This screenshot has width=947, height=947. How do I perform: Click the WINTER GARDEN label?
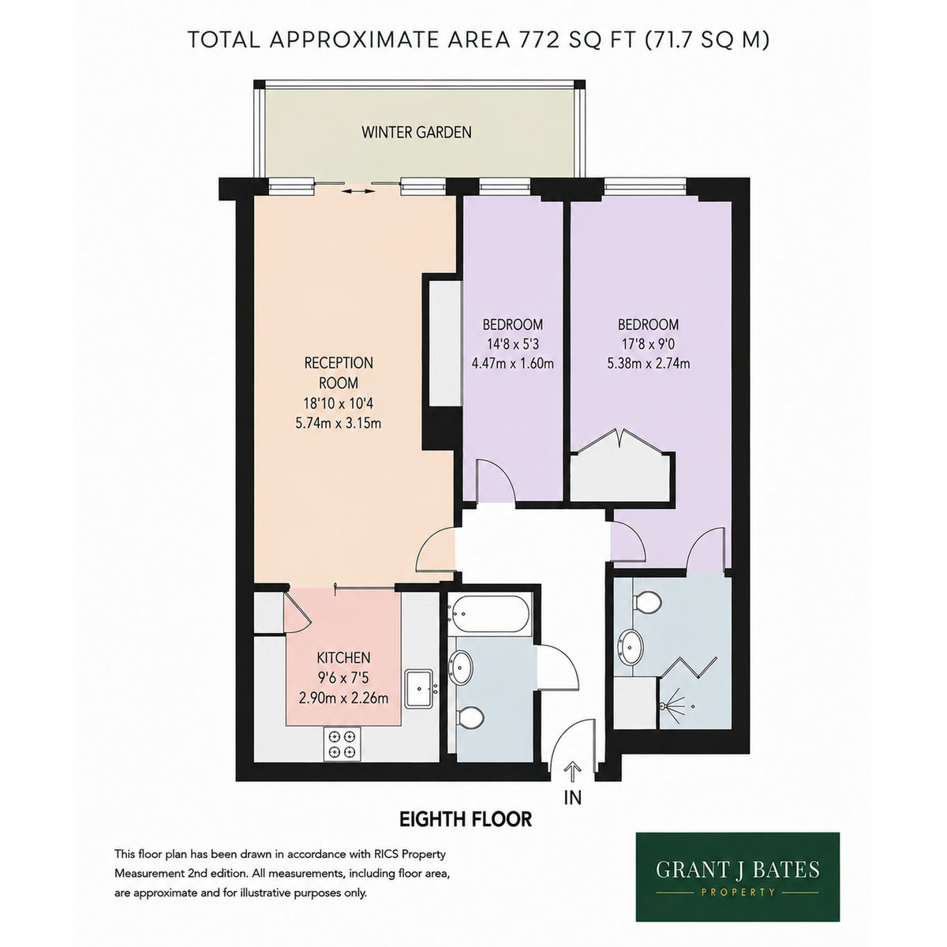pyautogui.click(x=416, y=133)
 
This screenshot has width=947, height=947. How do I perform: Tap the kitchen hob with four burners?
pyautogui.click(x=342, y=743)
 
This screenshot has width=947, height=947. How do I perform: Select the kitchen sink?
pyautogui.click(x=419, y=688)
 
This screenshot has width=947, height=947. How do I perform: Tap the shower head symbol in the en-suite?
pyautogui.click(x=669, y=706)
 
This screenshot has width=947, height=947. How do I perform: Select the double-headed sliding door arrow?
pyautogui.click(x=357, y=191)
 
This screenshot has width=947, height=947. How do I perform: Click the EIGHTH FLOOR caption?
pyautogui.click(x=466, y=818)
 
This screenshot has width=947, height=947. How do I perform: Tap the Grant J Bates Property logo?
pyautogui.click(x=738, y=876)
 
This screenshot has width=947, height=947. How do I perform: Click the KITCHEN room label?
pyautogui.click(x=343, y=657)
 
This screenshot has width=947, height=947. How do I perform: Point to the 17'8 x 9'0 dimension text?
pyautogui.click(x=649, y=344)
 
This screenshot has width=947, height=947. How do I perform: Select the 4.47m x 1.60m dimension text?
pyautogui.click(x=513, y=364)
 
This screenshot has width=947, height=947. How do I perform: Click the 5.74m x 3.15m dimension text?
pyautogui.click(x=339, y=423)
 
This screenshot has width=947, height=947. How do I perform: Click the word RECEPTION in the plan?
pyautogui.click(x=339, y=363)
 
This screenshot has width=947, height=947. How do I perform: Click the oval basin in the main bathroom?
pyautogui.click(x=461, y=668)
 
